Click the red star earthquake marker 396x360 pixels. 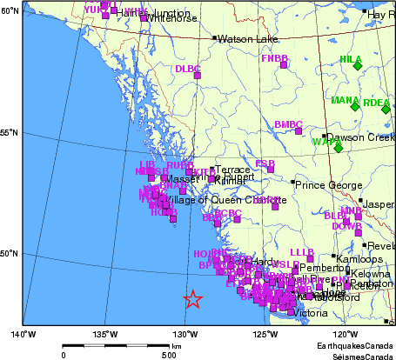pyautogui.click(x=193, y=299)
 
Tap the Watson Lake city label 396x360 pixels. pyautogui.click(x=247, y=39)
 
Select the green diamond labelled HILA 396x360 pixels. pyautogui.click(x=357, y=65)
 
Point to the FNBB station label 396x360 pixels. pyautogui.click(x=274, y=58)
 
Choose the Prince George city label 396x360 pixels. pyautogui.click(x=326, y=184)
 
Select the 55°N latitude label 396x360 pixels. pyautogui.click(x=10, y=133)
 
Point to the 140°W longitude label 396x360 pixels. pyautogui.click(x=23, y=333)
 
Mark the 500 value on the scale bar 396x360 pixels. pyautogui.click(x=169, y=355)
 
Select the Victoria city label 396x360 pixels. pyautogui.click(x=312, y=313)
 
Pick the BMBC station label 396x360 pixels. pyautogui.click(x=288, y=124)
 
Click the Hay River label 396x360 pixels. pyautogui.click(x=381, y=15)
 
